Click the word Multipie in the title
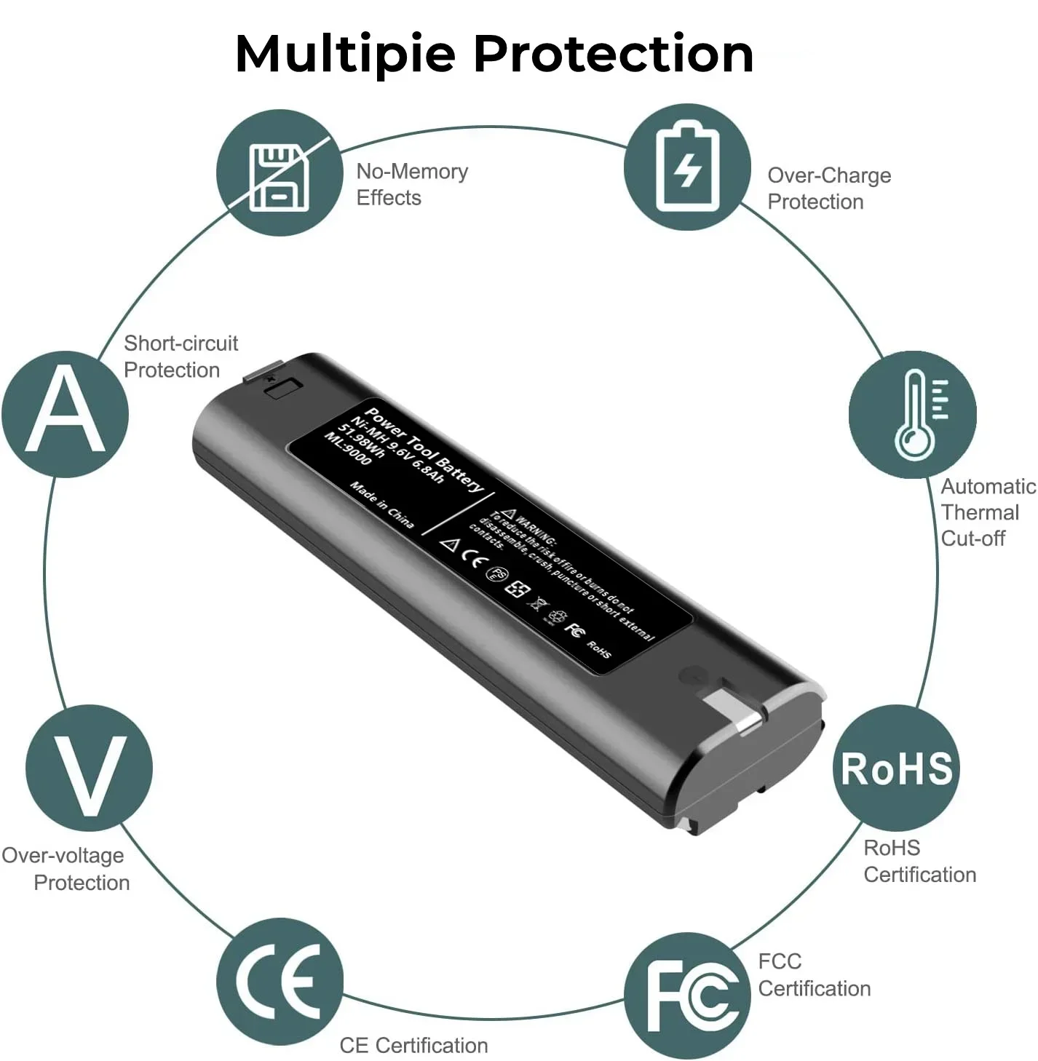click(345, 55)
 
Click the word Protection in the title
click(613, 55)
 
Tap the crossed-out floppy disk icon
click(280, 175)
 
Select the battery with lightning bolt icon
click(687, 168)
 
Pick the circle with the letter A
click(66, 413)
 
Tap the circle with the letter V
click(89, 768)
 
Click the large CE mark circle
click(280, 981)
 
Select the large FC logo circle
click(687, 996)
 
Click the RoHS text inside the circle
click(897, 768)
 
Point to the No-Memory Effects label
click(411, 185)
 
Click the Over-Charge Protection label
click(828, 188)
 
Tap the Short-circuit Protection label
click(180, 357)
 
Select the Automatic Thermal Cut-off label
click(986, 512)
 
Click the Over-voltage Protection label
click(66, 869)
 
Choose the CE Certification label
click(413, 1046)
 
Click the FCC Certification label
click(814, 975)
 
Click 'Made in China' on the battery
click(381, 504)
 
